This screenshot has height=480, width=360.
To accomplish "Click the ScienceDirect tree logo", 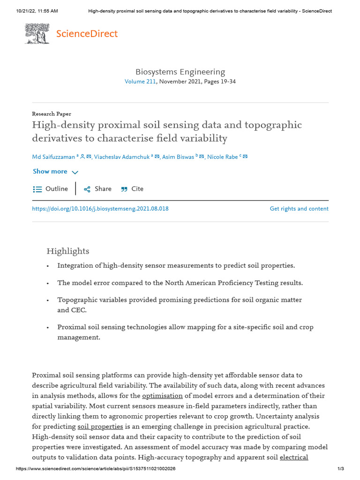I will (37, 34).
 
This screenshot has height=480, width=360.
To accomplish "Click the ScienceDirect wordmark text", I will (87, 34).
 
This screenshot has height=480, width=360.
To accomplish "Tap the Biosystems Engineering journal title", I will (180, 72).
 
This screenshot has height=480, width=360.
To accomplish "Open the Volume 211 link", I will (140, 82).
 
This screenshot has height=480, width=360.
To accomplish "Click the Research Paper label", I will (52, 114).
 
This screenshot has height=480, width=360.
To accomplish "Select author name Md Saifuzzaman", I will (53, 157).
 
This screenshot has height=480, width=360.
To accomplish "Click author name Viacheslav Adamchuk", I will (121, 157).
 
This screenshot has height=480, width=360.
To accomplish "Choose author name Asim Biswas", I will (178, 157).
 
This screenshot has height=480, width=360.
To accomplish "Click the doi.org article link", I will (100, 209).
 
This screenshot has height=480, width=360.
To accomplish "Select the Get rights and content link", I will (299, 209).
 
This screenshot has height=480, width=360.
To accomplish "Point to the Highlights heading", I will (67, 251).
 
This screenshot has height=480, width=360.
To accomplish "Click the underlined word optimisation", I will (162, 396).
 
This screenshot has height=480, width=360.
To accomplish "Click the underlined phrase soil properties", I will (100, 427).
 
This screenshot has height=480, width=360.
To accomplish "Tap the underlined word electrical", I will (294, 457).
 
